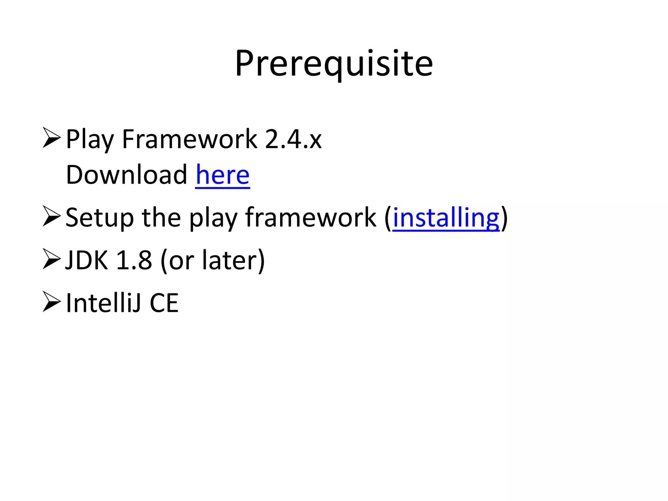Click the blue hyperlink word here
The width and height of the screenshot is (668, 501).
pyautogui.click(x=223, y=175)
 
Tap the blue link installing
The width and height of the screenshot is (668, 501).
pyautogui.click(x=446, y=218)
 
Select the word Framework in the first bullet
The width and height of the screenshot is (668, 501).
pyautogui.click(x=190, y=139)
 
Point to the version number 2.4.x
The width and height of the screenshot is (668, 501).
pyautogui.click(x=293, y=139)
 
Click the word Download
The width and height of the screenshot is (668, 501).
pyautogui.click(x=127, y=175)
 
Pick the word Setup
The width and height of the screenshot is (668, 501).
pyautogui.click(x=99, y=218)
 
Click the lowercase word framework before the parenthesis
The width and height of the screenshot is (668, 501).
pyautogui.click(x=311, y=218)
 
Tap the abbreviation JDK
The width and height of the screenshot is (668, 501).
pyautogui.click(x=86, y=260)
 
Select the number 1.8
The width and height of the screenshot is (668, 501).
pyautogui.click(x=134, y=260)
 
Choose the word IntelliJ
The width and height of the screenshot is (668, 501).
pyautogui.click(x=104, y=303)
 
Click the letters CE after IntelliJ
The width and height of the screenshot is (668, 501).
pyautogui.click(x=164, y=303)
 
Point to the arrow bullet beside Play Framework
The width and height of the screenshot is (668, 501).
pyautogui.click(x=52, y=138)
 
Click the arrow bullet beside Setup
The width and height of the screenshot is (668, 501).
pyautogui.click(x=52, y=216)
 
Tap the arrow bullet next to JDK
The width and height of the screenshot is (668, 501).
pyautogui.click(x=52, y=259)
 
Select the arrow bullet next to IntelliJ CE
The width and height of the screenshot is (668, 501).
pyautogui.click(x=52, y=302)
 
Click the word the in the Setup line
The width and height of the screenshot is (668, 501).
pyautogui.click(x=161, y=218)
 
